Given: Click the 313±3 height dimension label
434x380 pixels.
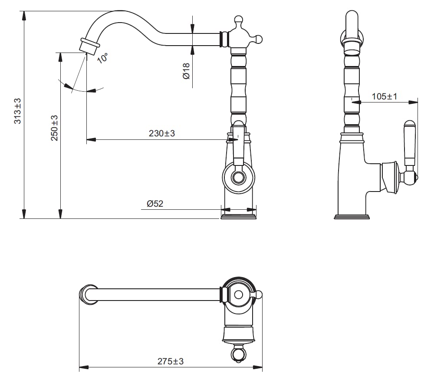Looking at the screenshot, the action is tap(17, 111).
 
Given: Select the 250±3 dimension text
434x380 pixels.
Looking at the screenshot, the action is tap(54, 128).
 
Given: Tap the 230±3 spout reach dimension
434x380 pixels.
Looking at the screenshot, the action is tap(162, 133).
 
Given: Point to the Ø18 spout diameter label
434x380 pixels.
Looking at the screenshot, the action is tap(186, 71).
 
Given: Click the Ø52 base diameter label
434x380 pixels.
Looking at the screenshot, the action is tap(155, 204).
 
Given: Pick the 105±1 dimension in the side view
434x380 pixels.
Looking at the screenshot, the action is tap(385, 96).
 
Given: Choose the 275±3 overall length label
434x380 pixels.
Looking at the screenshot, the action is tap(171, 361).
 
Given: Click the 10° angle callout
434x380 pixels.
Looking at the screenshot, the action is tap(102, 58).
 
